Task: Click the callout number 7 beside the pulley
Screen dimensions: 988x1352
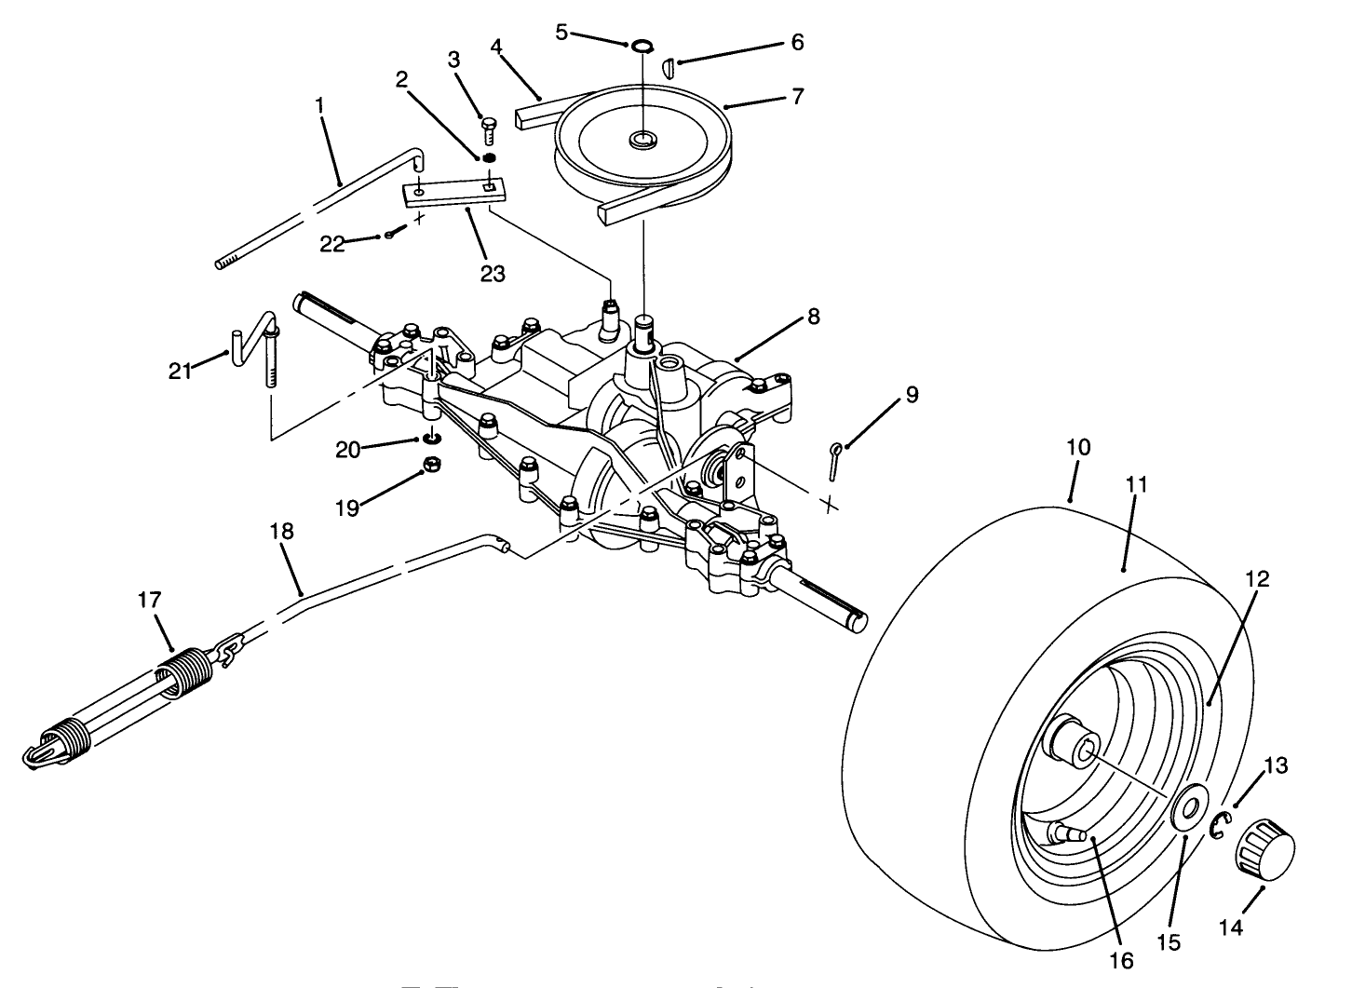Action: tap(797, 96)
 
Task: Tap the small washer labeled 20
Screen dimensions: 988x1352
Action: tap(431, 439)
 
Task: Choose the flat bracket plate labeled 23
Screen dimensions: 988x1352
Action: tap(454, 194)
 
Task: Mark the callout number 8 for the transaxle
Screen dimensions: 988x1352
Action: tap(813, 316)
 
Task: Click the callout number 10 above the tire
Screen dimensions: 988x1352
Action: tap(1077, 447)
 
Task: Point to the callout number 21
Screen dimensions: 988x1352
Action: tap(180, 370)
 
